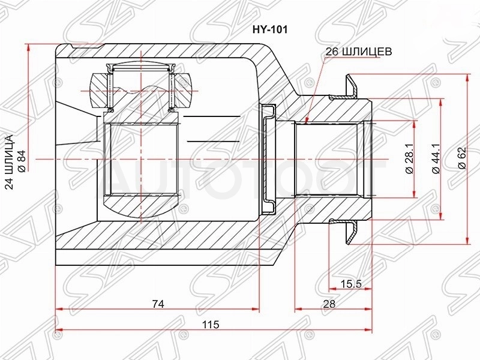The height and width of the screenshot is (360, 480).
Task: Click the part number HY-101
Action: point(269,29)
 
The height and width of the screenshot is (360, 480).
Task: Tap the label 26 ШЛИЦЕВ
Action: point(358,52)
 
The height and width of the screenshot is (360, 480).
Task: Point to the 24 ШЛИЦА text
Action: point(10,162)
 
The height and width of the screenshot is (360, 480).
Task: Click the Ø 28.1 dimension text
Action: point(409,159)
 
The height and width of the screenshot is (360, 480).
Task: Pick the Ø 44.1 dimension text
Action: point(436,159)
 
